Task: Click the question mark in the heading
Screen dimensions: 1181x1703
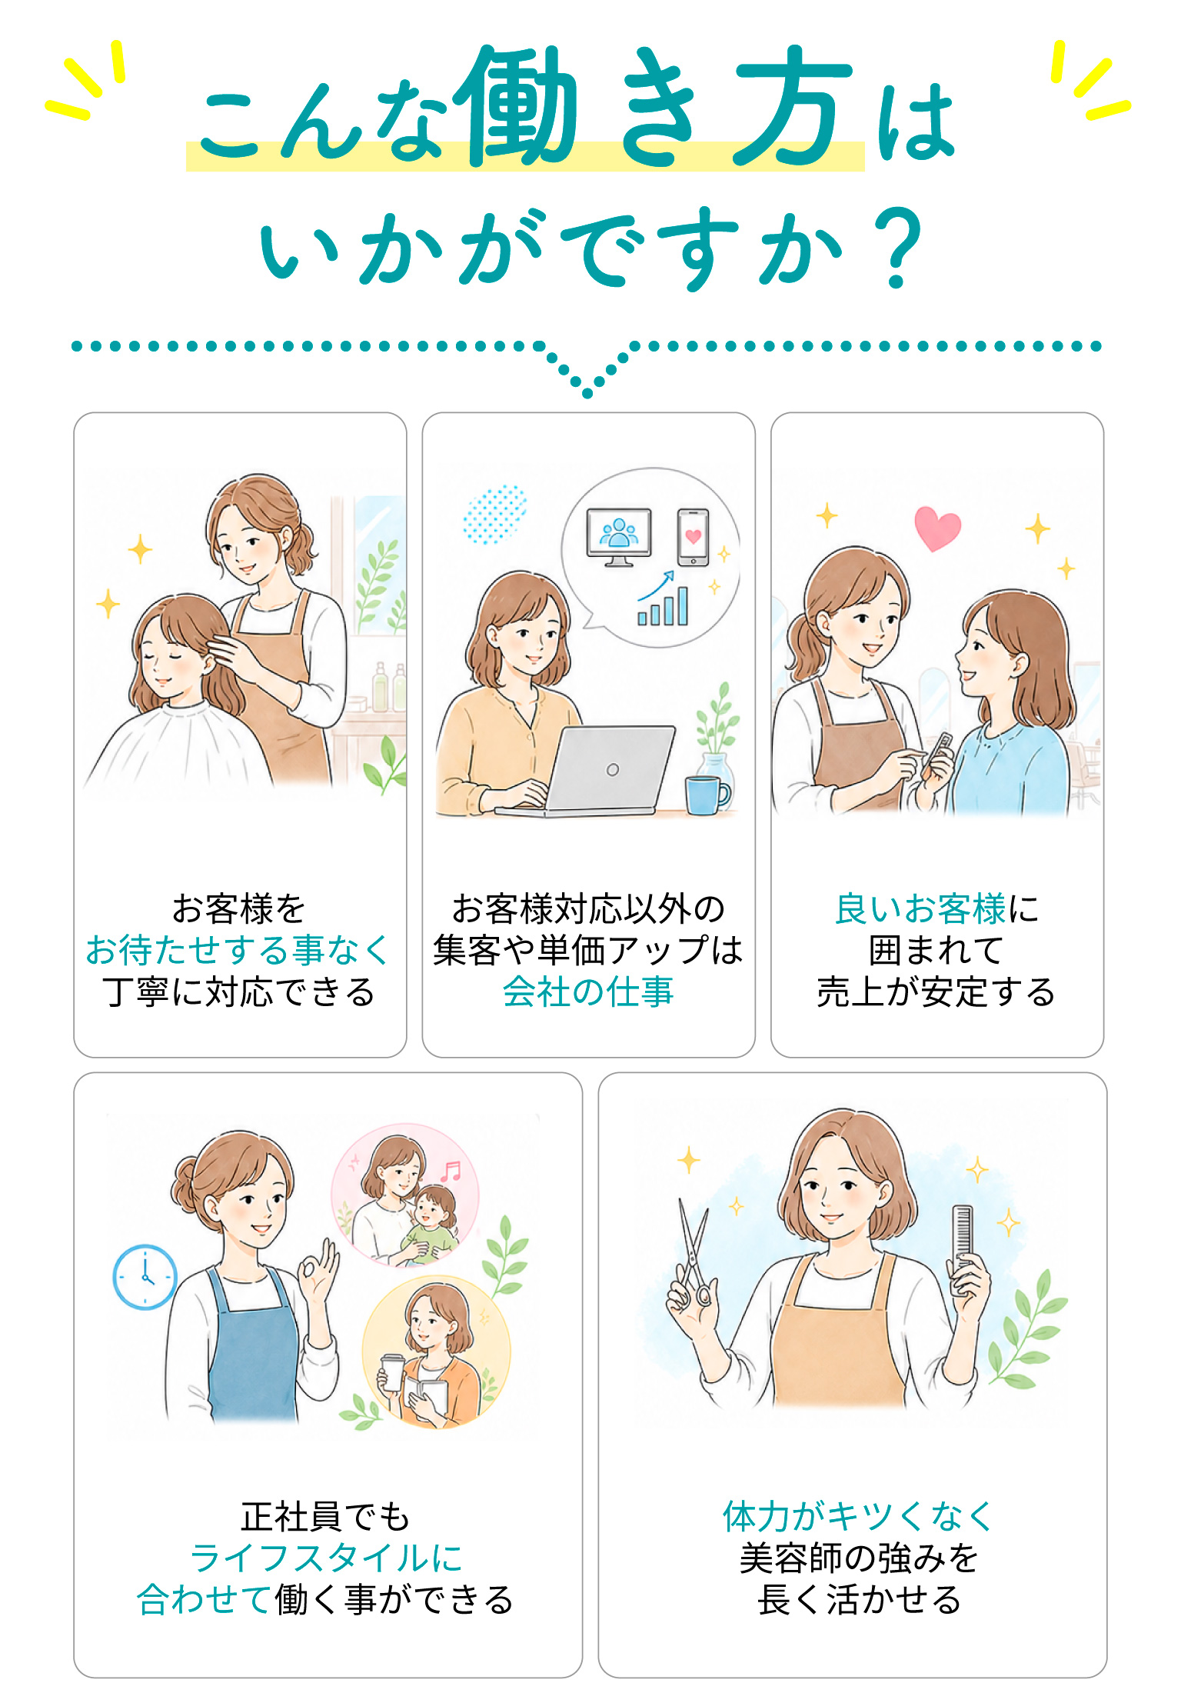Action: point(900,248)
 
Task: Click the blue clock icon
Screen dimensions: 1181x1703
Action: point(145,1277)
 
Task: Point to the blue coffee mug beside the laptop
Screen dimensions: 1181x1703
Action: point(706,795)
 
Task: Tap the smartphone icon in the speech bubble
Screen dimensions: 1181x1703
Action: point(694,537)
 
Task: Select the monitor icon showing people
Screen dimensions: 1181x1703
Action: point(619,537)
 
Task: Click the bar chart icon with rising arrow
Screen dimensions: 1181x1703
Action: point(662,598)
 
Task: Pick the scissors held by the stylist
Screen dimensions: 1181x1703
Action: point(694,1255)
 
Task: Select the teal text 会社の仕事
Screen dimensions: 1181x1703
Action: point(588,991)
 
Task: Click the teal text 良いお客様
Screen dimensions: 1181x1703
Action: point(920,908)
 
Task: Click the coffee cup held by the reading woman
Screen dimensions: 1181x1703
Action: point(392,1373)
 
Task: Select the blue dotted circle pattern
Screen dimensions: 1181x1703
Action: point(494,515)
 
